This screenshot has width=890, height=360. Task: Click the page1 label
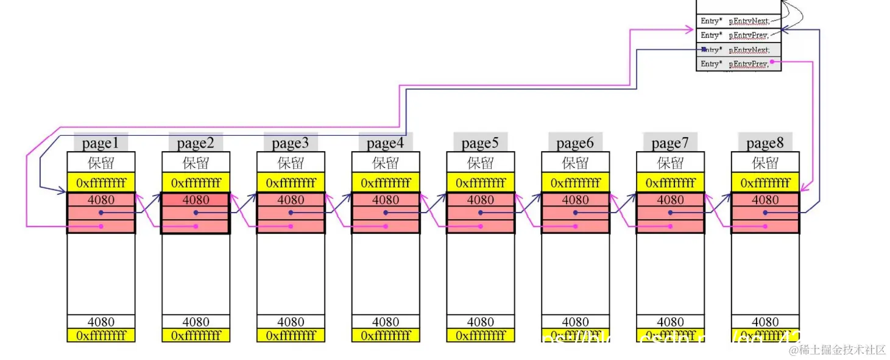(x=101, y=143)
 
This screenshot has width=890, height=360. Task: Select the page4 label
(x=386, y=143)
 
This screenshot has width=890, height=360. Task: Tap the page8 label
(x=765, y=143)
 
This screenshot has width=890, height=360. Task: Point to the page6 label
(x=575, y=143)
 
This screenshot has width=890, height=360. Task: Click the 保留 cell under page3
(x=291, y=163)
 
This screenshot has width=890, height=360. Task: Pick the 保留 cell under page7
(x=670, y=163)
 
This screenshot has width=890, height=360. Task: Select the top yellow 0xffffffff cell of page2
(x=196, y=183)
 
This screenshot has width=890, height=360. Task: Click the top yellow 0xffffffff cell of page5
(x=480, y=183)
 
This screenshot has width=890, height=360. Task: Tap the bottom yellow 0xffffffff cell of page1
(x=101, y=335)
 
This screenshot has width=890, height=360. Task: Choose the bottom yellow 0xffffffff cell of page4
(x=386, y=335)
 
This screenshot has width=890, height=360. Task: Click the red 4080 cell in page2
(x=196, y=200)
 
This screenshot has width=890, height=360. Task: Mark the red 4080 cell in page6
(x=575, y=200)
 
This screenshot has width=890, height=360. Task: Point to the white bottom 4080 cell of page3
(x=291, y=322)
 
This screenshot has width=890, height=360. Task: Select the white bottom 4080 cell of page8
(x=765, y=322)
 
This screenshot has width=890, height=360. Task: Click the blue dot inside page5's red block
(x=481, y=213)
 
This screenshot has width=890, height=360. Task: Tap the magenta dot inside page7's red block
(x=671, y=226)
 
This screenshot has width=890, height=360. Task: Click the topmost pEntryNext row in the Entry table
(x=738, y=21)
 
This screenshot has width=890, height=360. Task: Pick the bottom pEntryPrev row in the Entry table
(x=738, y=63)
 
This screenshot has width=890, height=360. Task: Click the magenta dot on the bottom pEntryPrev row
(x=772, y=62)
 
